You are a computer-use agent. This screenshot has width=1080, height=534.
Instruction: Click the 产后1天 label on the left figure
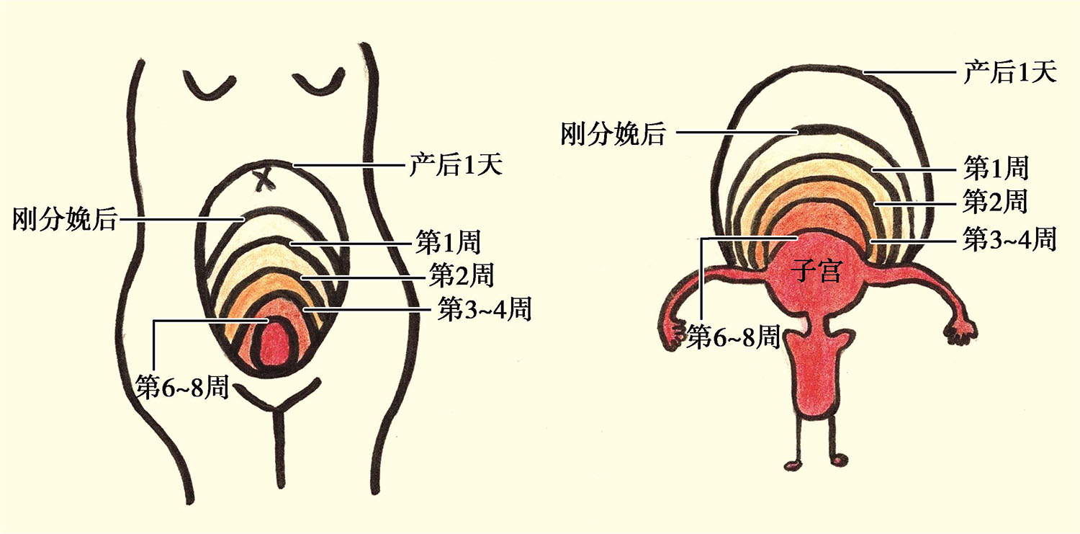tap(455, 166)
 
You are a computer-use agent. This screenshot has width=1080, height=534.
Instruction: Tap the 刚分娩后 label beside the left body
tap(64, 218)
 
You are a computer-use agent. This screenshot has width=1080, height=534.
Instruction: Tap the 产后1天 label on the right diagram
tap(1009, 72)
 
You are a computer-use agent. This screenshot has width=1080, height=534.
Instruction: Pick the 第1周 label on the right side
tap(996, 169)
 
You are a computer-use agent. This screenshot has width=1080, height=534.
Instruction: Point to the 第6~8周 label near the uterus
tap(733, 336)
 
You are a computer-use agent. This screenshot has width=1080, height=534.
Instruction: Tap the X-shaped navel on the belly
tap(266, 177)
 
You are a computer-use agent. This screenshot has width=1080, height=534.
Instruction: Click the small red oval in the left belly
tap(276, 344)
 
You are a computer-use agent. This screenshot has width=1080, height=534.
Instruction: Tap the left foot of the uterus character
tap(793, 462)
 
